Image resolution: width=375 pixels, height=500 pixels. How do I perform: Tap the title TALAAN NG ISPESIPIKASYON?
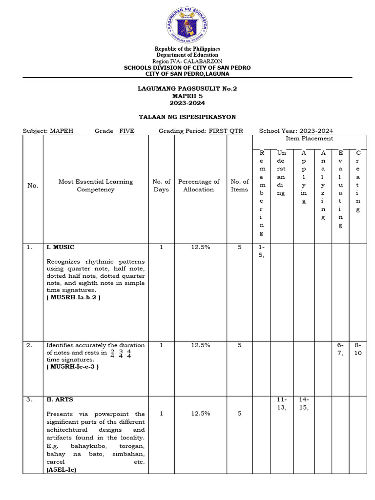(187, 117)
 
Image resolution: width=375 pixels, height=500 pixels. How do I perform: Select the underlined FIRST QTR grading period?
(226, 131)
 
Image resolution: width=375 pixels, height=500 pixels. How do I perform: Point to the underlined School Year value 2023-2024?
(316, 131)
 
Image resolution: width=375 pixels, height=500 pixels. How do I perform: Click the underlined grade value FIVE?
(127, 131)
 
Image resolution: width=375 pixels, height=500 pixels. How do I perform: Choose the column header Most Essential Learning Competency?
(96, 186)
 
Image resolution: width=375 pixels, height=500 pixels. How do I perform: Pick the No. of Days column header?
(161, 186)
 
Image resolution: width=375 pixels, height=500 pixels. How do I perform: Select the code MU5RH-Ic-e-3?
(72, 367)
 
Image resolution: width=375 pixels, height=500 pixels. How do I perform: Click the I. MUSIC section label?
(61, 248)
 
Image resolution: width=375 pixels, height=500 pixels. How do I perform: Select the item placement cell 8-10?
(358, 349)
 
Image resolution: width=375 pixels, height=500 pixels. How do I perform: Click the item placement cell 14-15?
(304, 403)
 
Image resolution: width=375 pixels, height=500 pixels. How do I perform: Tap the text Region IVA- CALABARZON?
(187, 62)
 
